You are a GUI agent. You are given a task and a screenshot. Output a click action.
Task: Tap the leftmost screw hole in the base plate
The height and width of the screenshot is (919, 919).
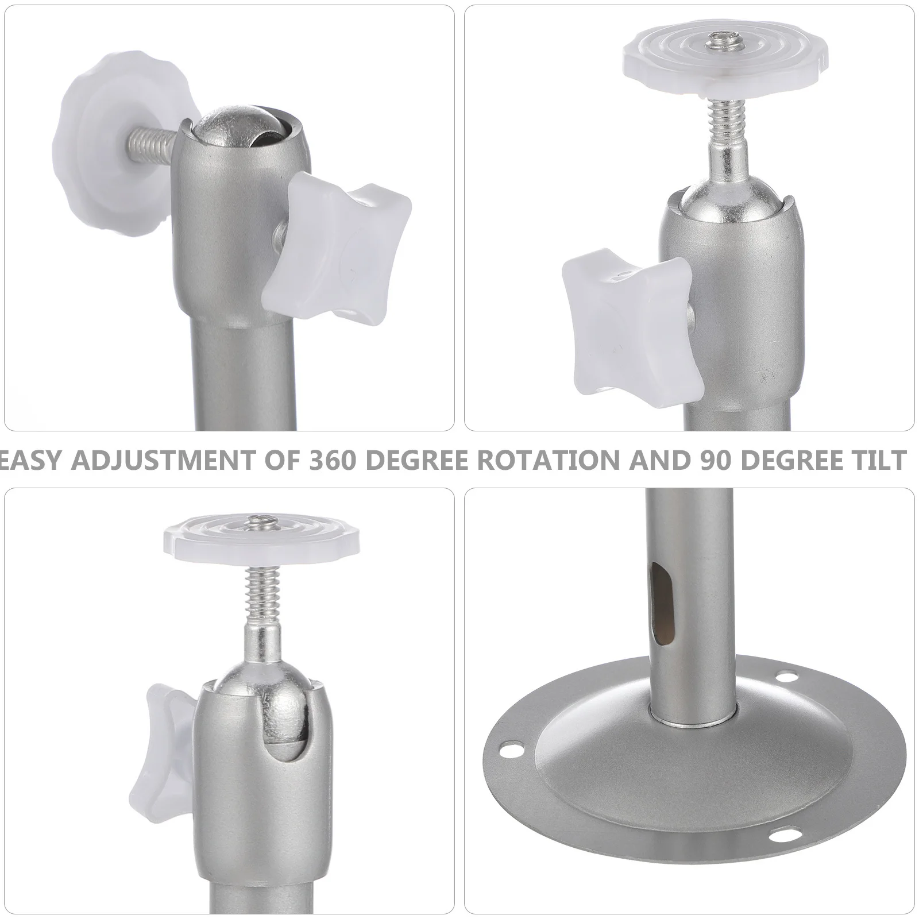pyautogui.click(x=508, y=749)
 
